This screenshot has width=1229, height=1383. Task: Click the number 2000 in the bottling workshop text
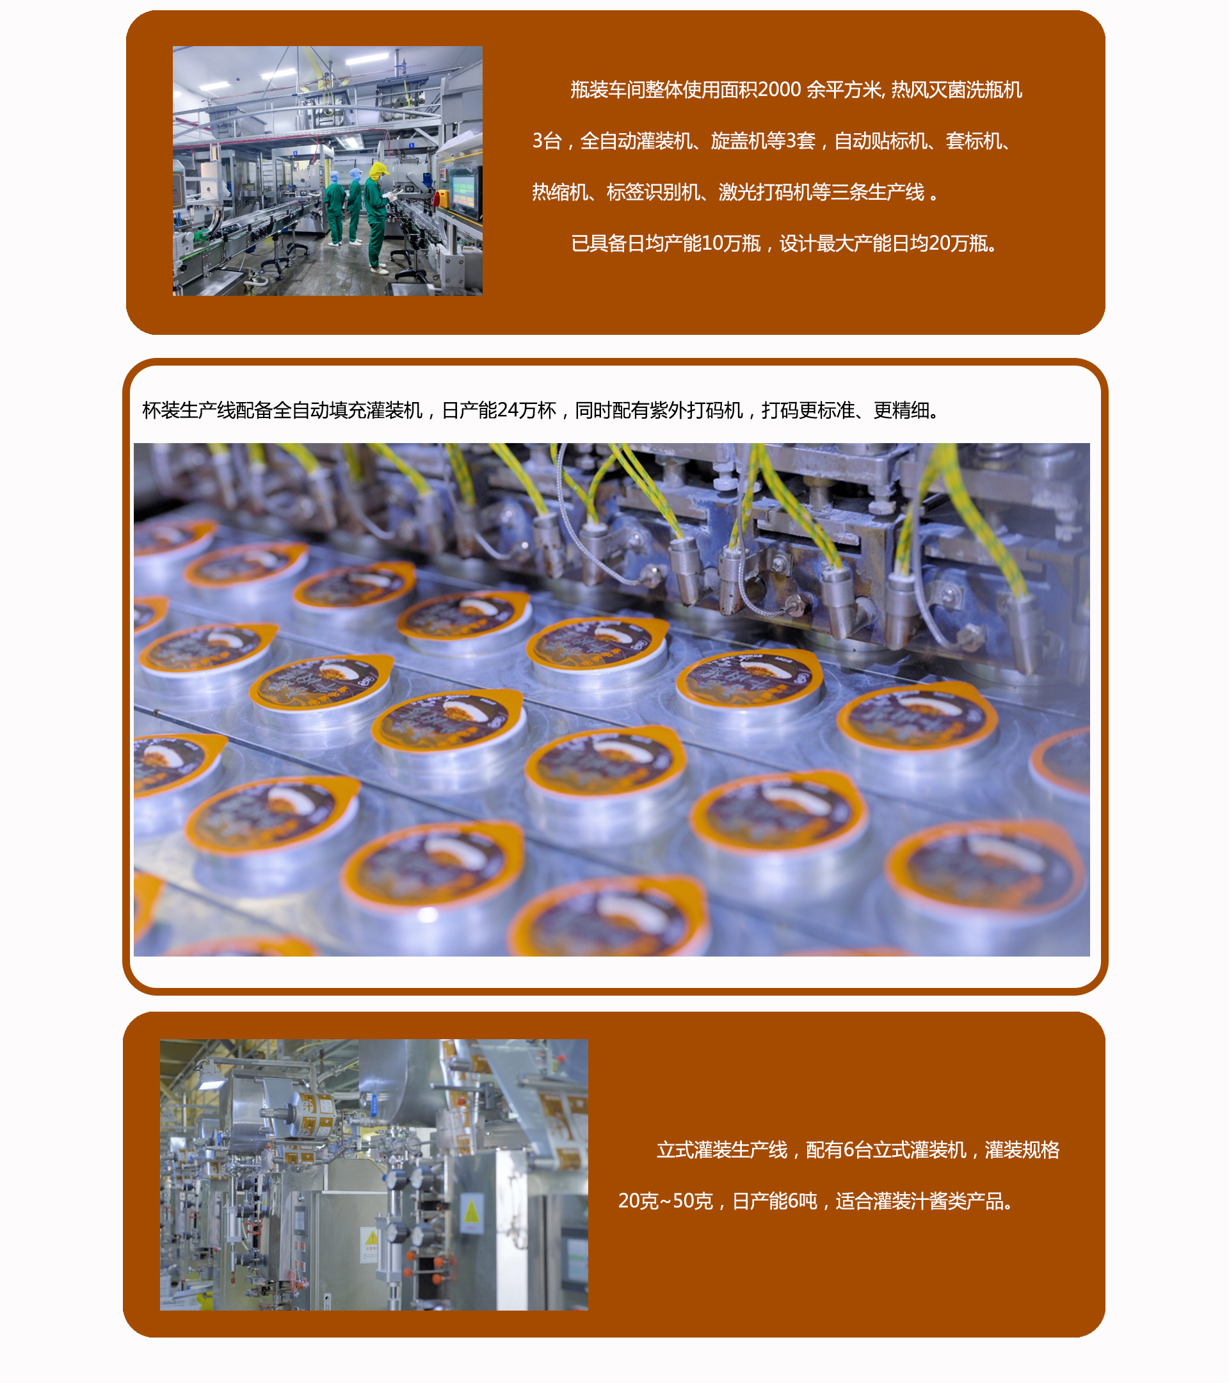(779, 90)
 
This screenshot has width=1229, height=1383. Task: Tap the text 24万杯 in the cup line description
(526, 410)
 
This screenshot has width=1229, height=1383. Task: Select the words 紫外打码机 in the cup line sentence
(696, 410)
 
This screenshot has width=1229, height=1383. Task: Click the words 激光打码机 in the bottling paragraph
(765, 193)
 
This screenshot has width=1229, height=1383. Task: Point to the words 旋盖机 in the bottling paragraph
(739, 142)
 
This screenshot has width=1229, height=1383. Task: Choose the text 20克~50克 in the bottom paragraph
(666, 1201)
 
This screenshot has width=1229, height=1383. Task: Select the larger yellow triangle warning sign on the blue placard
(472, 1212)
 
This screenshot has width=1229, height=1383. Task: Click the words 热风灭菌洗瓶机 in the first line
(956, 90)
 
